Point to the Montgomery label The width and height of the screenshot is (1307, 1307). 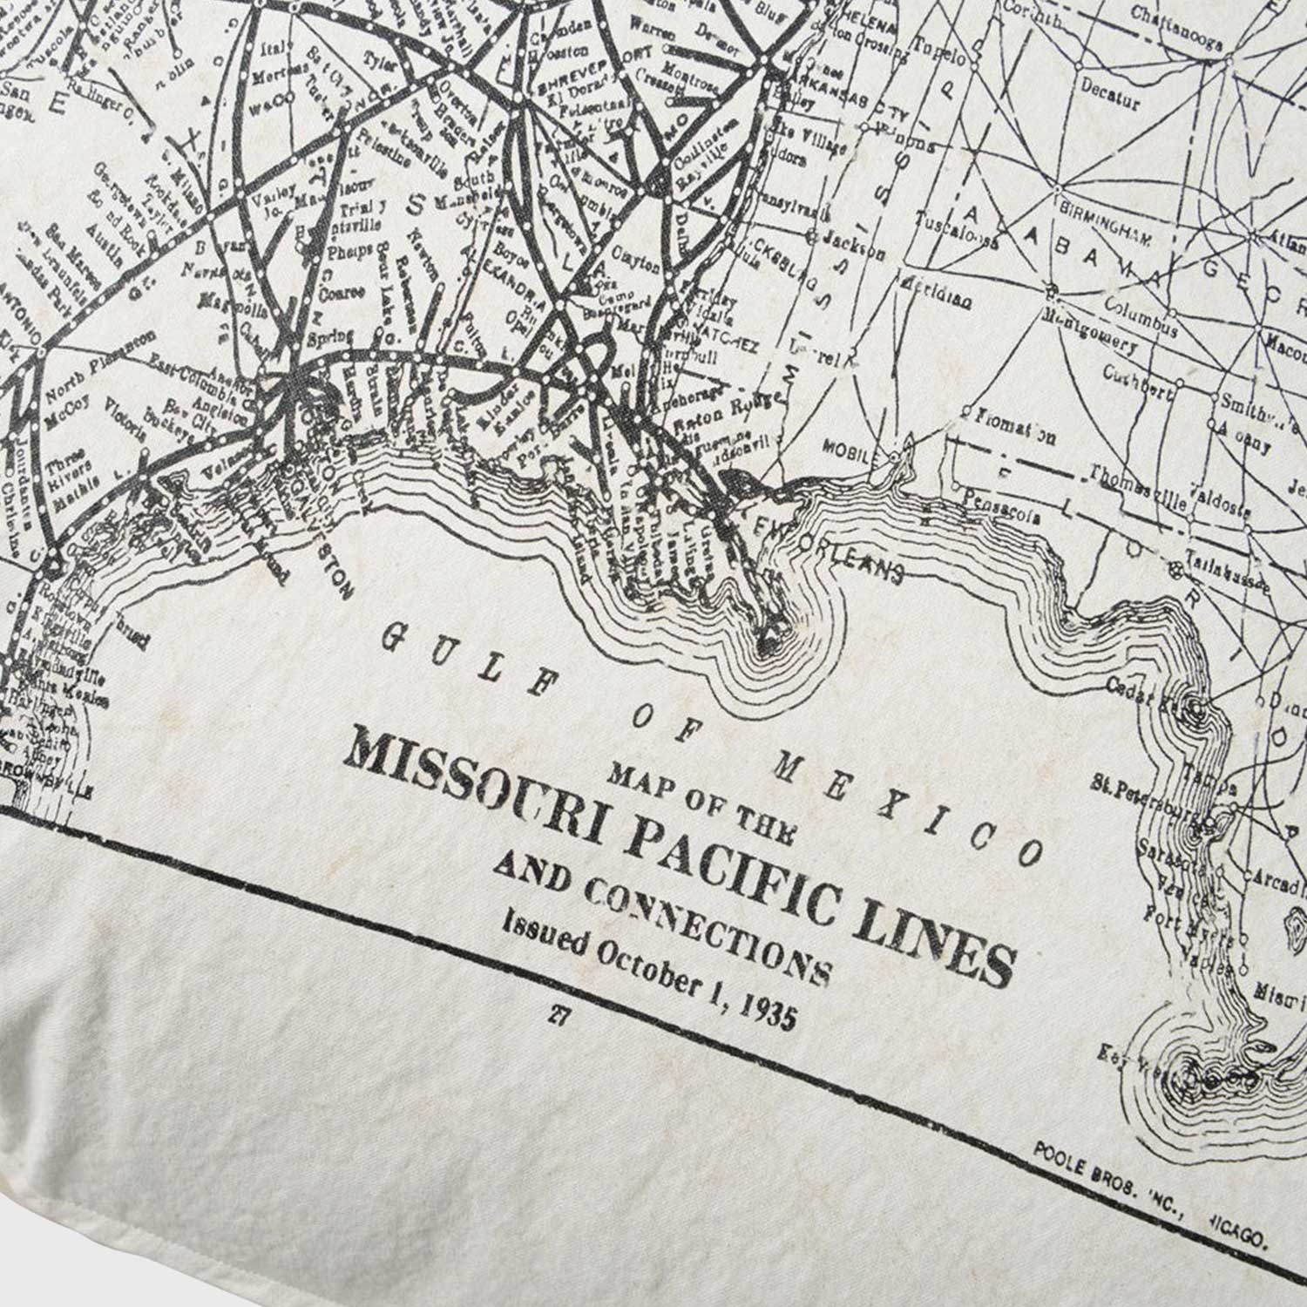point(1094,331)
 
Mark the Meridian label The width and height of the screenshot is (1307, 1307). point(936,293)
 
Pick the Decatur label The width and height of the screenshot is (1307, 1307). point(1110,95)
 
